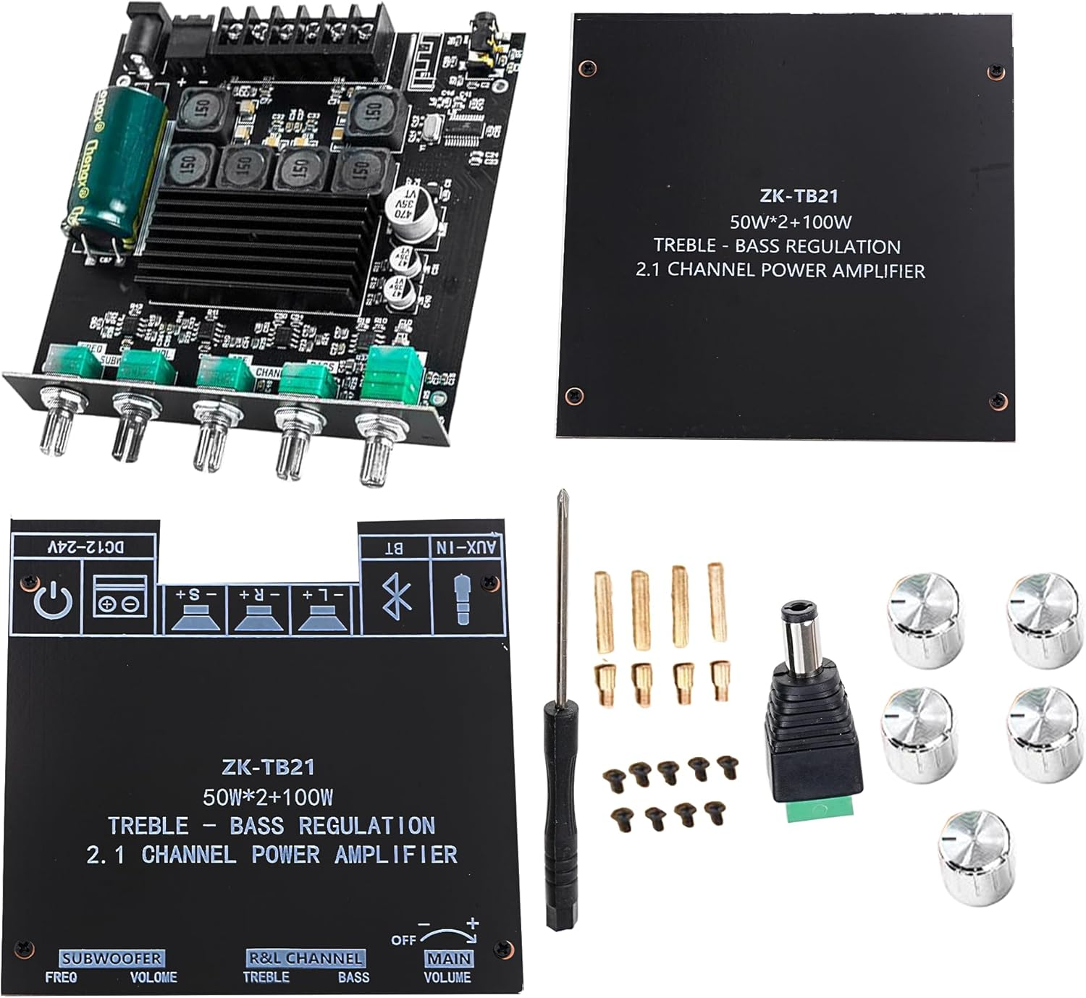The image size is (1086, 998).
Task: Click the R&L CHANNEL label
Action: tap(305, 958)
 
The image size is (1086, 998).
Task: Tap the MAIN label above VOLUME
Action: tap(449, 958)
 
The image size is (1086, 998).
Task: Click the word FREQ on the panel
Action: tap(61, 978)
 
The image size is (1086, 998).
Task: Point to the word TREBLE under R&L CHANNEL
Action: tap(266, 978)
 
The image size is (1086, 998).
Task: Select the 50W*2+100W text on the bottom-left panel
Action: tap(268, 798)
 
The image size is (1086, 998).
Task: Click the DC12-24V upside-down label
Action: tap(85, 547)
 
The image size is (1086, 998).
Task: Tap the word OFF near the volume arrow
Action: tap(403, 940)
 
